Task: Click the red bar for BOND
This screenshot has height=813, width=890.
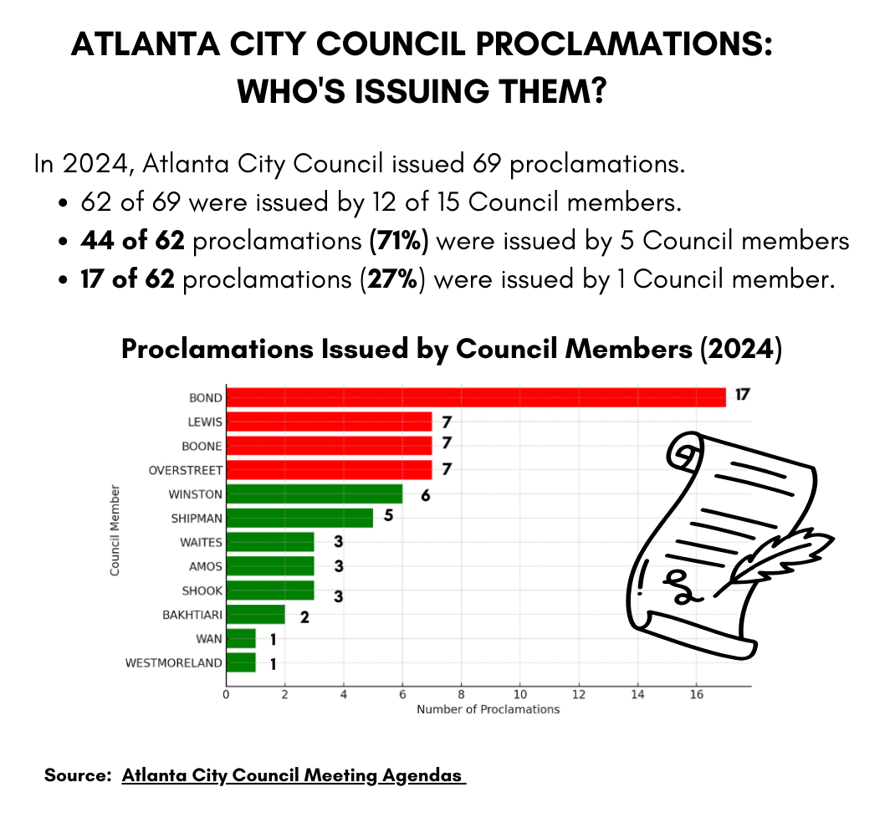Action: pos(475,397)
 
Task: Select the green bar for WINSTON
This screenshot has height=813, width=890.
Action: pos(314,494)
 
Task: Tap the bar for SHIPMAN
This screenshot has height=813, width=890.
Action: pos(299,519)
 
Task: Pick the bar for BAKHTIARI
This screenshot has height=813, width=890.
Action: pos(255,616)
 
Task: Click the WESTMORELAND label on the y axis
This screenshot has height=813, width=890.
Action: pos(174,663)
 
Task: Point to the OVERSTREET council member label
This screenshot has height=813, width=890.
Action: pos(185,471)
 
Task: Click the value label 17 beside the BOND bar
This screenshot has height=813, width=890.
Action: pos(742,395)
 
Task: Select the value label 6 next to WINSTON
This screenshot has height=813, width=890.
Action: pos(425,495)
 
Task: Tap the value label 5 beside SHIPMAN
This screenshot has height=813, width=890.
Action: pos(388,515)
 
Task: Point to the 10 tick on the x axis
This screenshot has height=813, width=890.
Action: pos(519,693)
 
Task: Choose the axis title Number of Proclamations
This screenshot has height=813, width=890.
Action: pos(488,709)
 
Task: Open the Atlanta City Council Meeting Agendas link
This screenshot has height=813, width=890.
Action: pos(293,775)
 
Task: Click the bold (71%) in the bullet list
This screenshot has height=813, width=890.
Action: pos(398,241)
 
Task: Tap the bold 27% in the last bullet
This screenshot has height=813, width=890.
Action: pos(391,279)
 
